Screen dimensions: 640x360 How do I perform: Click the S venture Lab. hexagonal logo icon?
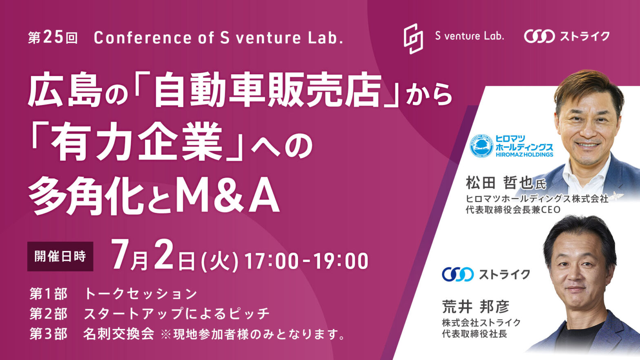point(413,38)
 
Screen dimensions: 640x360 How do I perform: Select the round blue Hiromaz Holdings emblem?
point(482,146)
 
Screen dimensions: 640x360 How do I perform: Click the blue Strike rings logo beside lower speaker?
point(458,274)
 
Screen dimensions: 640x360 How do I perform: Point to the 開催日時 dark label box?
point(60,256)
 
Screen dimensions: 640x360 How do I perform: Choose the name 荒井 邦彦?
point(476,307)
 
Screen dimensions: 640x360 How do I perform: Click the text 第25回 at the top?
point(53,38)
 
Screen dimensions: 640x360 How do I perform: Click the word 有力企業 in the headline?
point(137,141)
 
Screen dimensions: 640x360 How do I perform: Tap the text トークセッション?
point(141,294)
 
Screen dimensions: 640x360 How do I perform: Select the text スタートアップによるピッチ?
point(177,314)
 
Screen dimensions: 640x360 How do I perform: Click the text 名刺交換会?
point(118,334)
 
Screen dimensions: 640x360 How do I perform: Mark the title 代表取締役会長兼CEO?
point(513,210)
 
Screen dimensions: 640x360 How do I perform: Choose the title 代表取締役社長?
point(474,334)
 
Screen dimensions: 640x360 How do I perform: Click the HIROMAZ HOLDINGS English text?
point(524,155)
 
